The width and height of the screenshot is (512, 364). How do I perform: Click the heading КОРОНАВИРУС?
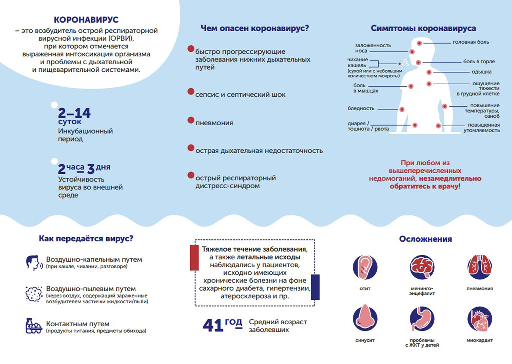[86, 20]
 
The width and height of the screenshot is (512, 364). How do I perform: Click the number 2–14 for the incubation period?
[74, 113]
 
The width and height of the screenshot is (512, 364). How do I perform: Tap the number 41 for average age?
[213, 325]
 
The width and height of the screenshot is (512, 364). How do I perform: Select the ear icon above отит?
[365, 267]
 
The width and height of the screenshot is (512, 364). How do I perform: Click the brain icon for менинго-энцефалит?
[422, 267]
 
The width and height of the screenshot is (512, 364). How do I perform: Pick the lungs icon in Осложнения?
[479, 267]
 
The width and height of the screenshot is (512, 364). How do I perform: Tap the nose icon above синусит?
[365, 319]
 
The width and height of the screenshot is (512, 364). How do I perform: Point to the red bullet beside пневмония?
[191, 120]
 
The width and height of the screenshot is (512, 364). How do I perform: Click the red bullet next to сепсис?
[191, 91]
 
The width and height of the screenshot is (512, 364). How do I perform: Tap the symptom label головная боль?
[471, 42]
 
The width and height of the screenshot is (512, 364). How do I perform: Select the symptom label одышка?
[481, 72]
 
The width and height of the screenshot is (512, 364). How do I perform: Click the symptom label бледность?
[361, 108]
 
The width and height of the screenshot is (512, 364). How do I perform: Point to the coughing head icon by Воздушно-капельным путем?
[34, 263]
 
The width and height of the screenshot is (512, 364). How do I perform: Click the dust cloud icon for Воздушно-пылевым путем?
[34, 294]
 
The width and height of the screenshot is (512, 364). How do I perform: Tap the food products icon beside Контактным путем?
[34, 326]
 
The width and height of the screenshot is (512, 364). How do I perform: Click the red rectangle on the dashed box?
[194, 258]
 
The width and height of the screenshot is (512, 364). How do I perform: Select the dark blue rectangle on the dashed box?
[315, 287]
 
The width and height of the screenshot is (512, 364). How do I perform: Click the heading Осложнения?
[426, 239]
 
